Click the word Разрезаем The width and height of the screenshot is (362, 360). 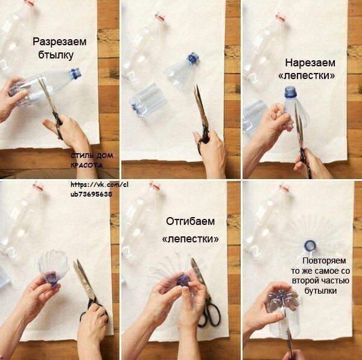(60, 42)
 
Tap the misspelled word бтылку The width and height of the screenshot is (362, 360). (56, 55)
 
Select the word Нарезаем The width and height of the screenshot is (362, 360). (310, 63)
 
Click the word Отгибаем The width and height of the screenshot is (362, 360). (190, 221)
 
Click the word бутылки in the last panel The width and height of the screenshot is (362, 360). (320, 291)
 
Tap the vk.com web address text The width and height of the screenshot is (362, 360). (100, 189)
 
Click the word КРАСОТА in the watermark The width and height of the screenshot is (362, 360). (86, 165)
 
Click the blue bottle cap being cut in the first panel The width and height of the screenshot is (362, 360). (76, 74)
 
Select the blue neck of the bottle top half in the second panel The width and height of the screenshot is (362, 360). (193, 58)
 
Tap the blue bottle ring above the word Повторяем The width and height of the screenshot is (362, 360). (310, 245)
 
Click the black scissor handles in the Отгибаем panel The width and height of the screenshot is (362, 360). (209, 314)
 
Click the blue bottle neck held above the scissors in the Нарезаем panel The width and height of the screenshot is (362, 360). (290, 92)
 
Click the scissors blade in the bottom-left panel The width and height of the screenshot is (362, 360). (84, 279)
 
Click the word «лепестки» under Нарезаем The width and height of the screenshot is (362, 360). (306, 76)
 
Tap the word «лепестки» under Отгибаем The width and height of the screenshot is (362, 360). (190, 239)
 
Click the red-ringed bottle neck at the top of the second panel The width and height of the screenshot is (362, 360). (160, 17)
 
